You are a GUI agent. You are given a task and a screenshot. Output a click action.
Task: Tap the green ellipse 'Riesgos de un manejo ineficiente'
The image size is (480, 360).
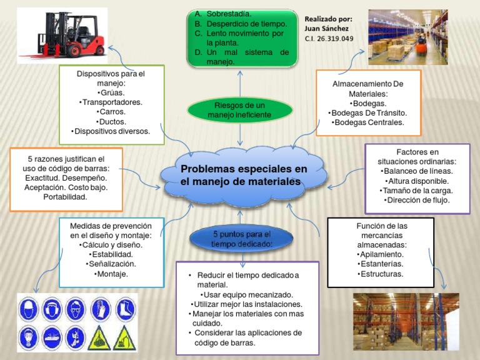[x=239, y=110]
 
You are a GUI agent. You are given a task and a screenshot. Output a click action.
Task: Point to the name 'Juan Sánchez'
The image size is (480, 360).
[x=326, y=28]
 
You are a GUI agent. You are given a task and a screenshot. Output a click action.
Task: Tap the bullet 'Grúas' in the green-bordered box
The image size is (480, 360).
[x=111, y=92]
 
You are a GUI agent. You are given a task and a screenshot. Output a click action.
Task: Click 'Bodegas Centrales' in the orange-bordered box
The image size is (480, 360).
[x=368, y=122]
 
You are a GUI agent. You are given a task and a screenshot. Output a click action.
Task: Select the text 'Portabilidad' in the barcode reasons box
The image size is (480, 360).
[x=66, y=197]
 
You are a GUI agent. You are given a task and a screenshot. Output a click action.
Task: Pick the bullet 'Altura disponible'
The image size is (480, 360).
[x=417, y=181]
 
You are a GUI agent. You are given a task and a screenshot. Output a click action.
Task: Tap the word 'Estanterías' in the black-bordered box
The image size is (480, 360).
[x=381, y=264]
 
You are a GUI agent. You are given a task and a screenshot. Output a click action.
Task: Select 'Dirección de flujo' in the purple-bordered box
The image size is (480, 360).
[x=417, y=201]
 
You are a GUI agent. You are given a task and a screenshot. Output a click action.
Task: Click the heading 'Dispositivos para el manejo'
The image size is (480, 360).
[x=111, y=77]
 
